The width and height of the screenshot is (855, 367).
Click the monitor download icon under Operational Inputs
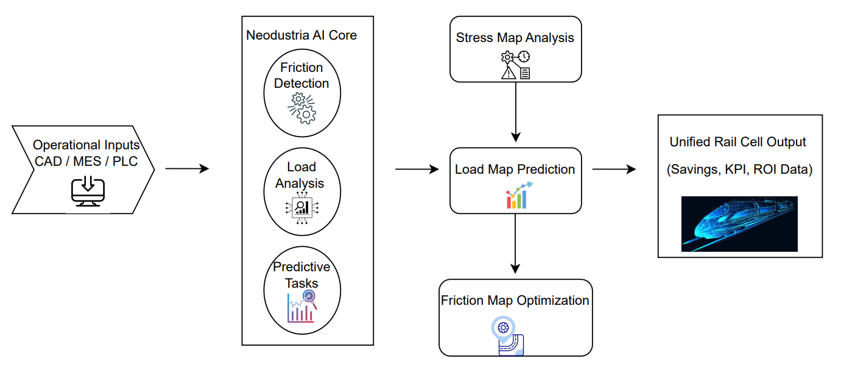87,191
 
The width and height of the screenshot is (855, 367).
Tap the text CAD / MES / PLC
86,162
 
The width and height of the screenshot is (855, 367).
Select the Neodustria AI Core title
301,35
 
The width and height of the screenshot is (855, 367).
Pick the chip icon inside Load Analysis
301,208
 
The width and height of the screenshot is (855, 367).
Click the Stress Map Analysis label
515,38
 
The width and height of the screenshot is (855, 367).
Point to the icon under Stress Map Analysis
515,65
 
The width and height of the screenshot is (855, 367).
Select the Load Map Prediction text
515,169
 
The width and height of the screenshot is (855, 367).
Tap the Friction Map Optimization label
515,301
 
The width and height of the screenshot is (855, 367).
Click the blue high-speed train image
739,224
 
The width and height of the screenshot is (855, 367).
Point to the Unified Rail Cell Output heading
738,142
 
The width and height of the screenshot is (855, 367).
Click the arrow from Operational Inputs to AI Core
187,168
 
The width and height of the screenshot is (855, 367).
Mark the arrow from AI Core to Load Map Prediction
417,169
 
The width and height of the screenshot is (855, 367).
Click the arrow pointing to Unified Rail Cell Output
614,169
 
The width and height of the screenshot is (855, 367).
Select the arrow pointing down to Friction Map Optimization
516,243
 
